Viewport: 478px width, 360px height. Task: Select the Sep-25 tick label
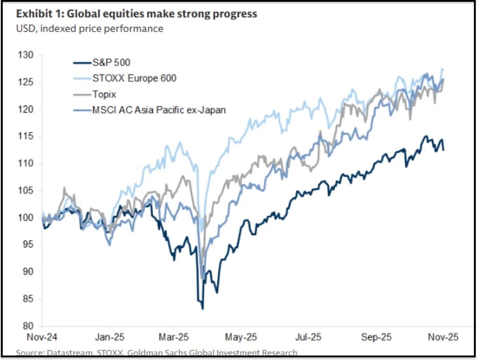[376, 337]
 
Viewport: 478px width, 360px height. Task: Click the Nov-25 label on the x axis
[442, 337]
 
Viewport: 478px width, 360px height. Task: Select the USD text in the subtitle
[24, 29]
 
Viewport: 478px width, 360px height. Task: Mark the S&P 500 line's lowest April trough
[203, 309]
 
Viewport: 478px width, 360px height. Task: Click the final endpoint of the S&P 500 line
[444, 150]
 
